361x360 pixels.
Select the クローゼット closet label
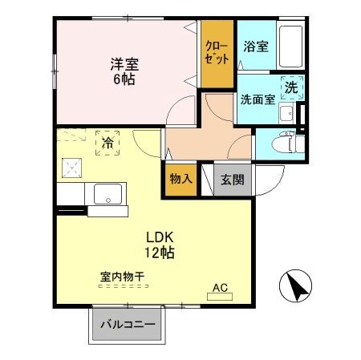coord(217,52)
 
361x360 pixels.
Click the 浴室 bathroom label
coord(258,47)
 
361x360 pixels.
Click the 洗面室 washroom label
coord(258,99)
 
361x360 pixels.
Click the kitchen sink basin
coord(107,193)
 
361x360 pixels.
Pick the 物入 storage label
coord(180,179)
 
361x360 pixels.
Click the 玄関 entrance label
coord(233,179)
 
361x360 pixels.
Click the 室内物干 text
coord(122,277)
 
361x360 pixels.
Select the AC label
coord(220,286)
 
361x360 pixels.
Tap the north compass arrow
coord(293,285)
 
